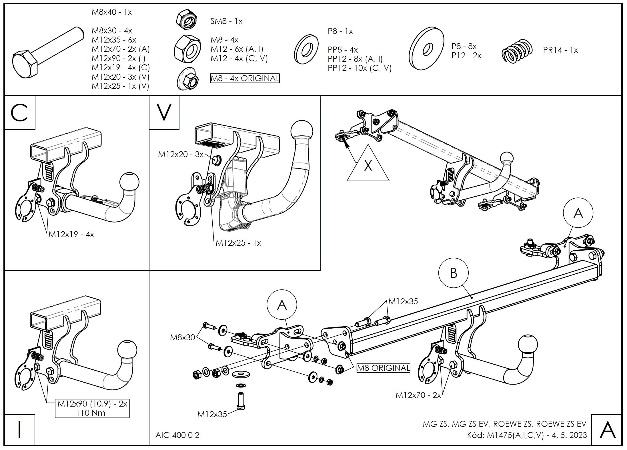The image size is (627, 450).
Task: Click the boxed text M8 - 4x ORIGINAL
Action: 245,78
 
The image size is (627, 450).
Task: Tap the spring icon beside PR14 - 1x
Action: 517,51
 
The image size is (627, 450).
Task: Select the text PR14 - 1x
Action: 560,50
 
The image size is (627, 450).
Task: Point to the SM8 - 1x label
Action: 226,21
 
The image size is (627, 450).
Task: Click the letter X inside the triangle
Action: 368,165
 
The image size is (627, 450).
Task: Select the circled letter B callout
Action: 453,273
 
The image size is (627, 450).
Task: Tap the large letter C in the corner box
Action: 19,113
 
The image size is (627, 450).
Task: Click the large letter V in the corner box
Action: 164,112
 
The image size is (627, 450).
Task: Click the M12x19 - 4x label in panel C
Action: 71,235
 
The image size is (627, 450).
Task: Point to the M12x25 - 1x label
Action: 238,243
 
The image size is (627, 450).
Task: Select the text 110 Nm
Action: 91,413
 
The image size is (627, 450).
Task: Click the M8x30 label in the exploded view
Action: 182,337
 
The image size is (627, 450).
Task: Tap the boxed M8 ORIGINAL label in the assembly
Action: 384,368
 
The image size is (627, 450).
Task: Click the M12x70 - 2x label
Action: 418,395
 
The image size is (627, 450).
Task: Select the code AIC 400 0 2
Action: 177,435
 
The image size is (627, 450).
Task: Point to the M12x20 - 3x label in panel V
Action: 181,155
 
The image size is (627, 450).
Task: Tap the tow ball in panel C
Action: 129,182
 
